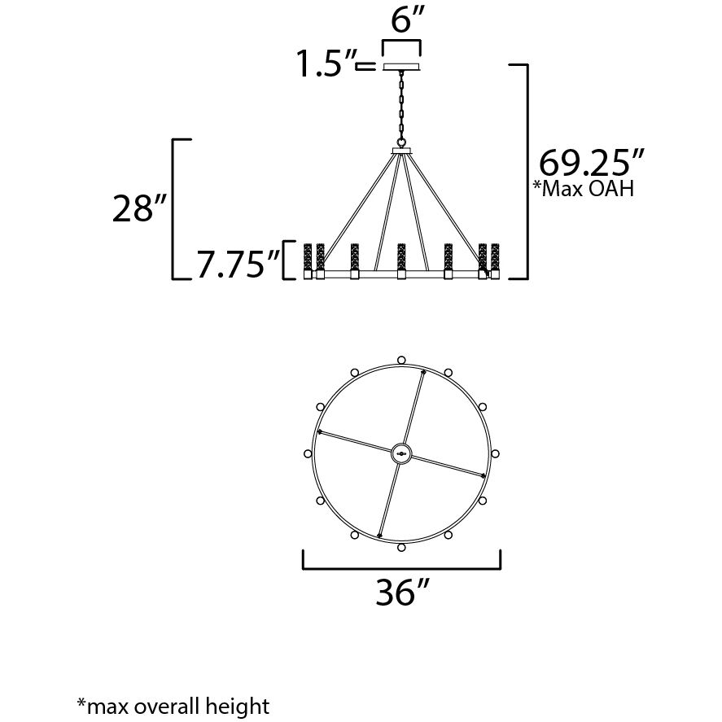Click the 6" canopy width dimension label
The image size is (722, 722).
pyautogui.click(x=404, y=20)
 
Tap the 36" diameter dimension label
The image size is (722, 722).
pyautogui.click(x=402, y=595)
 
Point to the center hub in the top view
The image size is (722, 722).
pyautogui.click(x=401, y=453)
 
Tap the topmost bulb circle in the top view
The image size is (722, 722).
pyautogui.click(x=401, y=359)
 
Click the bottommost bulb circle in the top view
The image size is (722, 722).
pyautogui.click(x=401, y=548)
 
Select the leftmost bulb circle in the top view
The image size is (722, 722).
pyautogui.click(x=308, y=453)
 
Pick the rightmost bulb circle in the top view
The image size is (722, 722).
pyautogui.click(x=495, y=453)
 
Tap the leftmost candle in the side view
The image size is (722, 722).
pyautogui.click(x=308, y=258)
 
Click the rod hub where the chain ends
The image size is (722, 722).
pyautogui.click(x=401, y=151)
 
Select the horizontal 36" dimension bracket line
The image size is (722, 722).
pyautogui.click(x=401, y=567)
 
